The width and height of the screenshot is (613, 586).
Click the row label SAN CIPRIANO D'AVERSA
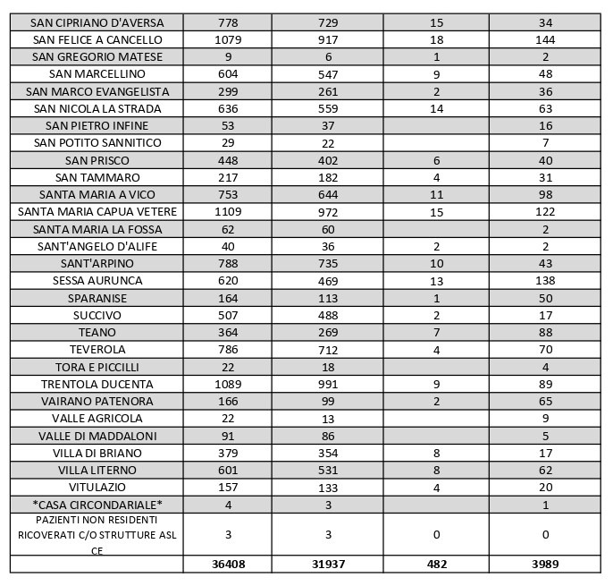[97, 22]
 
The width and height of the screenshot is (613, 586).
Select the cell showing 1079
[228, 39]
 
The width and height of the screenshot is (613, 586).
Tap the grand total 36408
[228, 565]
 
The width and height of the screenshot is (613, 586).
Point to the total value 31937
[328, 565]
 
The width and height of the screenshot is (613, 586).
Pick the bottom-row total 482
[436, 565]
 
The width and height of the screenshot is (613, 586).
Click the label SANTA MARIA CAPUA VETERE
[97, 212]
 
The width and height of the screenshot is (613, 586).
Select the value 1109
[228, 212]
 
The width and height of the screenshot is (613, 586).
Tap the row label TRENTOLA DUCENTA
[97, 384]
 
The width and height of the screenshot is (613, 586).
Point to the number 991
[328, 384]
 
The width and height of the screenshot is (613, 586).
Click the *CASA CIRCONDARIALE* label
[97, 505]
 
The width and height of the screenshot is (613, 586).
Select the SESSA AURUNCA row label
[97, 281]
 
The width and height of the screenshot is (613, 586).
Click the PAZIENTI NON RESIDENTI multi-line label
[97, 535]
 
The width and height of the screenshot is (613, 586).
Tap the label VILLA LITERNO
[97, 470]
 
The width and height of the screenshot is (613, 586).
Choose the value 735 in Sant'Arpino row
[328, 263]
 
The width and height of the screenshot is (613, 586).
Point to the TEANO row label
[97, 332]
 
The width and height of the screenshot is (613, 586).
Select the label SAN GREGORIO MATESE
[97, 56]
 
